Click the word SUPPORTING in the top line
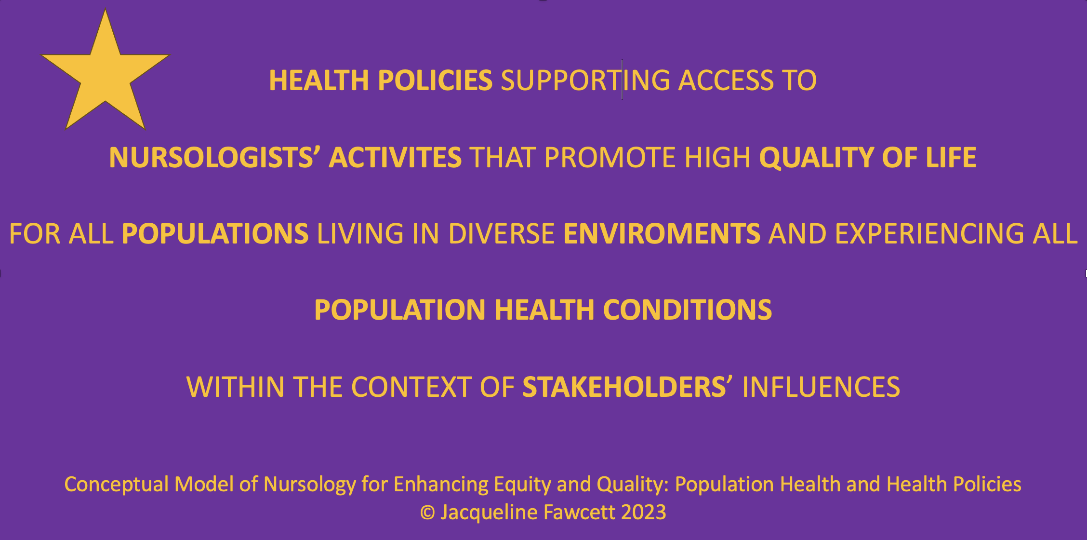[x=585, y=81]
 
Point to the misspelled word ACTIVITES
[x=395, y=158]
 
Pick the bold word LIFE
[x=951, y=158]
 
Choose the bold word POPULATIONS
[x=215, y=234]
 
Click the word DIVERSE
[x=502, y=234]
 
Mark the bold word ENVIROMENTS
[x=662, y=234]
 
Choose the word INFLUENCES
[x=821, y=387]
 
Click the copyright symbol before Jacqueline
[x=427, y=513]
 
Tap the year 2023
[x=644, y=513]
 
